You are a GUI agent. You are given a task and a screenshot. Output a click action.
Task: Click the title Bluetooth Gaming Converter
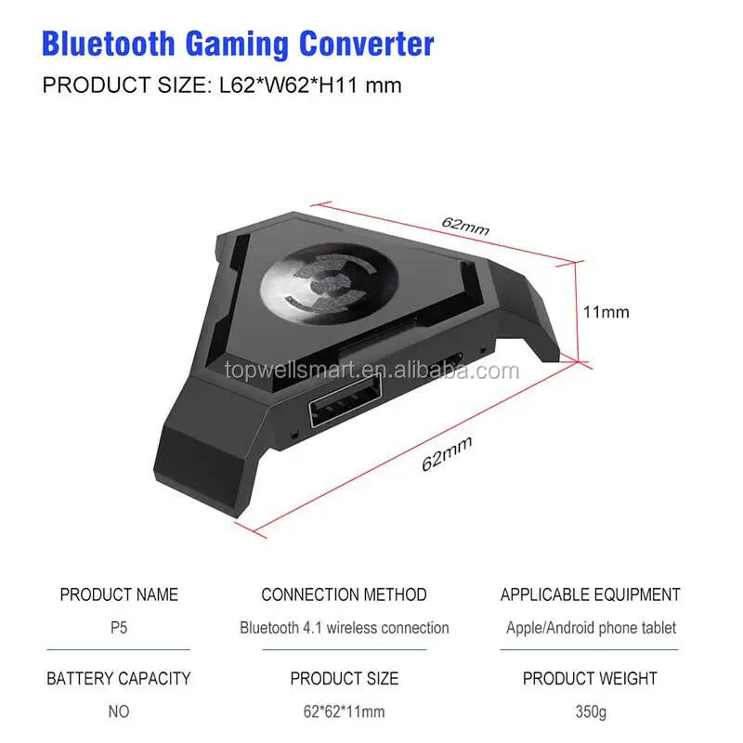coord(239,43)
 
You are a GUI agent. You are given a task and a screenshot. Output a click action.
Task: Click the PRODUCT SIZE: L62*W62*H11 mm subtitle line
coord(222,85)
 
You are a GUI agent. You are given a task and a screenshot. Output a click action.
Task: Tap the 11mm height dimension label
coord(606,312)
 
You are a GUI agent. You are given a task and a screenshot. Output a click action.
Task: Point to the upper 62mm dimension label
coord(466,225)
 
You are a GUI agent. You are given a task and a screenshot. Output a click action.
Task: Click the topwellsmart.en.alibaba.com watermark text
coord(371,371)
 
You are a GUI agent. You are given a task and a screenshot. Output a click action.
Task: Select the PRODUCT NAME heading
coord(119,594)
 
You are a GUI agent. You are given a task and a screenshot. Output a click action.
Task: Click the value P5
coord(119,628)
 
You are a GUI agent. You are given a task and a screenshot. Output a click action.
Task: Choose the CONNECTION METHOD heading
coord(344,594)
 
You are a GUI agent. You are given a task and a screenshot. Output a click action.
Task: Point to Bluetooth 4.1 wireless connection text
coord(344,628)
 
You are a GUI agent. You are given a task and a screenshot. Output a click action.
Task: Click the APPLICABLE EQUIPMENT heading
coord(590,594)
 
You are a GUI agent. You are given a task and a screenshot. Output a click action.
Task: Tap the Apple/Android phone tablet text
coord(590,628)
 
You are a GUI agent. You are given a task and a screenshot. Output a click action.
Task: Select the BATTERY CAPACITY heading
coord(119,679)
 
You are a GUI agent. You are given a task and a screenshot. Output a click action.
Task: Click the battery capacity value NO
coord(119,712)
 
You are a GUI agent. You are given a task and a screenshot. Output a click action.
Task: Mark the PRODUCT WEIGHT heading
coord(590,679)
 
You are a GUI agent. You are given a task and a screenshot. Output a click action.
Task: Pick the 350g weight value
coord(590,712)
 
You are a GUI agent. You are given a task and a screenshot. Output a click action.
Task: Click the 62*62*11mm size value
coord(344,712)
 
